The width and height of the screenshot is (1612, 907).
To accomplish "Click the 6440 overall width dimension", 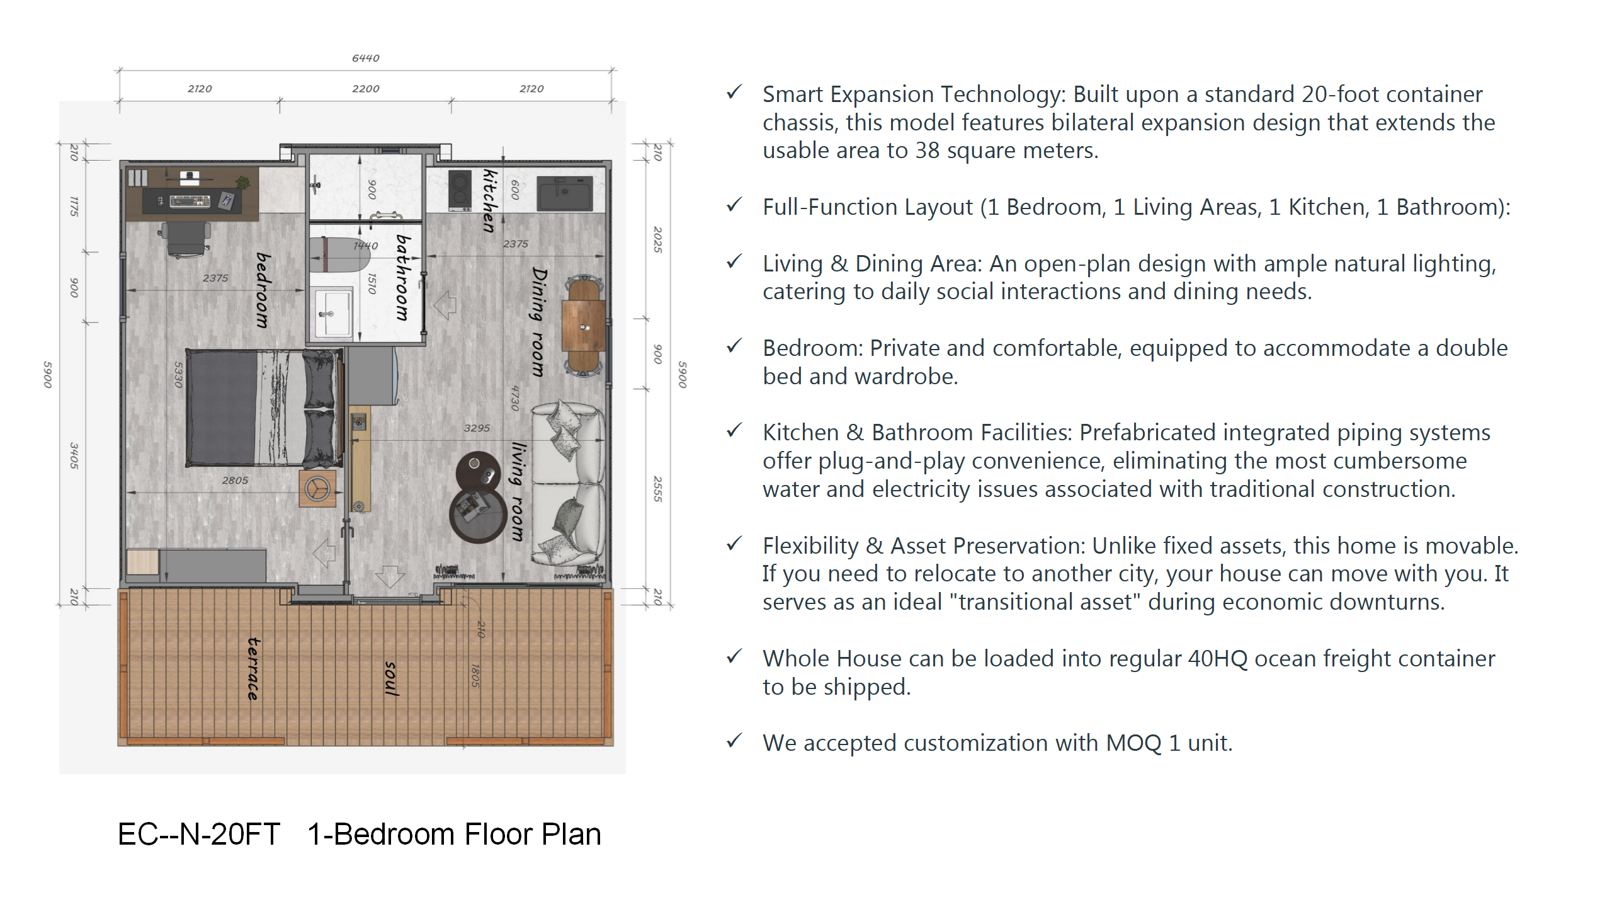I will [x=365, y=58].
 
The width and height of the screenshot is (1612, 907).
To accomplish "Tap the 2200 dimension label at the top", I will [x=365, y=89].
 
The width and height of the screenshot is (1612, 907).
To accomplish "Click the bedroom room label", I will [x=263, y=290].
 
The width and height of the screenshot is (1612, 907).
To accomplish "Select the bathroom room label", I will [x=403, y=278].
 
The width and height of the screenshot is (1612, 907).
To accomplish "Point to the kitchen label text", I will [x=490, y=200].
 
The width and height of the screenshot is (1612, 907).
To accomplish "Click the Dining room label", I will [x=538, y=322].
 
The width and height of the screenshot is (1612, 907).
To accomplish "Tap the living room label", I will [x=518, y=492].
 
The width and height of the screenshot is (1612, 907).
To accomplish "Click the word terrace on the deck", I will [x=253, y=668].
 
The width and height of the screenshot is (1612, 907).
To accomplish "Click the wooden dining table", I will [x=584, y=325].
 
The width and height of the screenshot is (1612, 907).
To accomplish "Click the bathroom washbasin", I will [x=332, y=313].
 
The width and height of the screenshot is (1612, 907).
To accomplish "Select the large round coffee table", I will [x=478, y=514].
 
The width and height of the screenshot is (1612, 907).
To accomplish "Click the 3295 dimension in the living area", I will [x=477, y=428].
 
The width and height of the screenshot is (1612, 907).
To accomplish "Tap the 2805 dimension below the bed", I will [x=235, y=481].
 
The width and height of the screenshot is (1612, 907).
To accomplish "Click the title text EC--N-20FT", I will [x=199, y=835].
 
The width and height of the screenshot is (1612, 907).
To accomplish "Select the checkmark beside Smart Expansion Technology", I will [x=734, y=93].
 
